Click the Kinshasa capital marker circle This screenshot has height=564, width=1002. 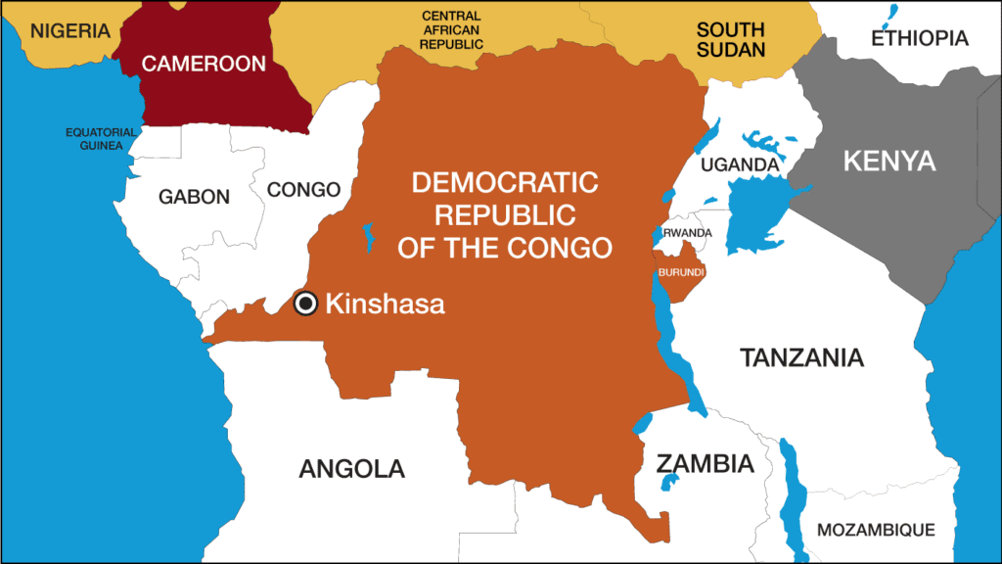[305, 305]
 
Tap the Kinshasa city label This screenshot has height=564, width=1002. [384, 305]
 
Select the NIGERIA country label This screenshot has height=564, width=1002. [69, 30]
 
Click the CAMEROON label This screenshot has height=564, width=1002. [204, 64]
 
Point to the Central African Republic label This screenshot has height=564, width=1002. [452, 29]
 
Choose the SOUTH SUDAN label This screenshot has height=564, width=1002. [730, 39]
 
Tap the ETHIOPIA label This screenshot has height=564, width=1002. [919, 38]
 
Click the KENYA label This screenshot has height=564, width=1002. [889, 161]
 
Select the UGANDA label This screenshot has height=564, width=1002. [740, 164]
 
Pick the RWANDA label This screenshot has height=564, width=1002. [687, 233]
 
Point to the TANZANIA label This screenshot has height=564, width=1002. [801, 357]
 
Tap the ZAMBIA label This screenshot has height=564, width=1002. [705, 463]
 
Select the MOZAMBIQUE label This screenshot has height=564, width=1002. [876, 530]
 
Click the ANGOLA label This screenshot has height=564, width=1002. [351, 468]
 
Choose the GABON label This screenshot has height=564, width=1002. [194, 197]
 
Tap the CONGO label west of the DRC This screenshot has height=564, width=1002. [303, 189]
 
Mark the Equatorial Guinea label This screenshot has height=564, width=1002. [94, 138]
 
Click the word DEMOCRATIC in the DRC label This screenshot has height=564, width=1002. [504, 182]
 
